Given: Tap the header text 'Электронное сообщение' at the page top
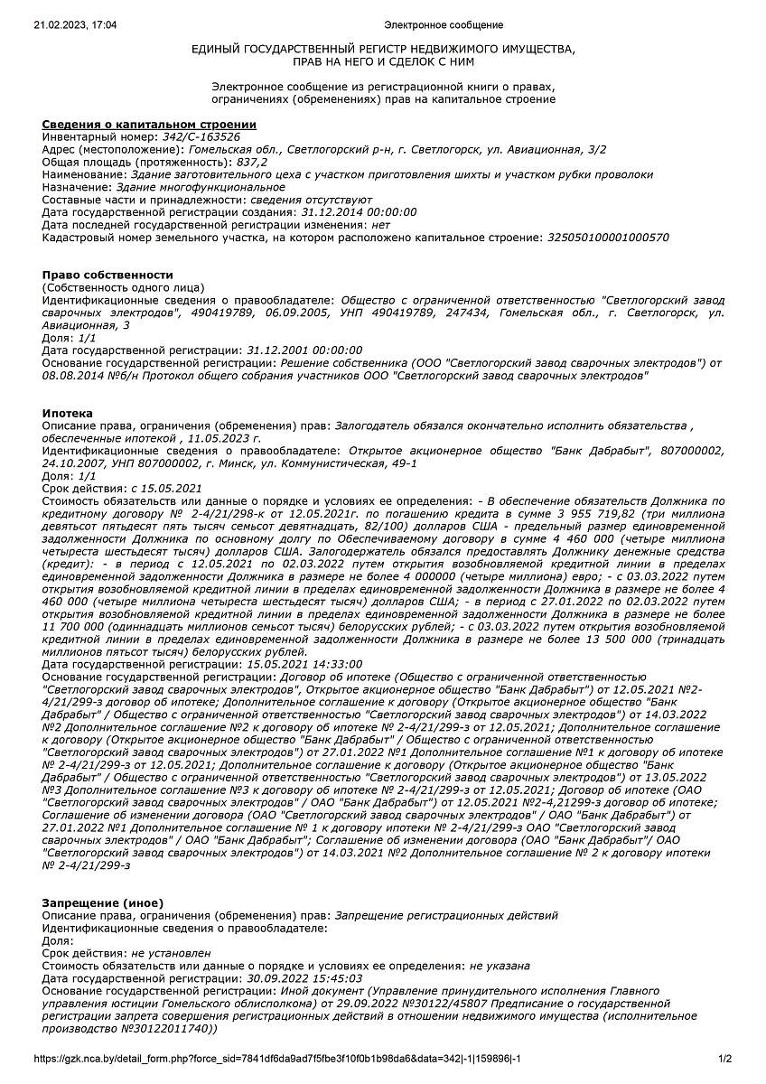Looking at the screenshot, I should pos(443,24).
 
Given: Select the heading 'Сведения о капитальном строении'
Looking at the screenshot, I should pos(149,124).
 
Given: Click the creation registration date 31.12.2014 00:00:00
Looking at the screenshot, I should pos(358,211).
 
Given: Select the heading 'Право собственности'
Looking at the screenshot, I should pos(107,275).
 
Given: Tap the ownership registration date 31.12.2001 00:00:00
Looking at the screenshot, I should pos(304,350).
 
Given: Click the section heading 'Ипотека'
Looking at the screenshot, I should pos(68,413).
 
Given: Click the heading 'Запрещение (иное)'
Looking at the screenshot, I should pos(103,902).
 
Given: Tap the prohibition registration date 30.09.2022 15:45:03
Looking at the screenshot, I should pos(304,977).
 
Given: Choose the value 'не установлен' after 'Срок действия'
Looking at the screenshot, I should pos(171,952).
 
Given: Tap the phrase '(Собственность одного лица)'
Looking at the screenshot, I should pos(123,286).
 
